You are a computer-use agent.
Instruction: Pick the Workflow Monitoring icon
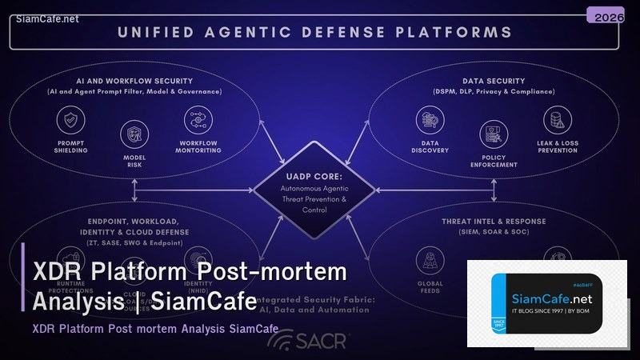coord(197,119)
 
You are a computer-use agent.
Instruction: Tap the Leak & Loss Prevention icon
coord(557,120)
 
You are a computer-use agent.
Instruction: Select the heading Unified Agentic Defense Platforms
coord(314,33)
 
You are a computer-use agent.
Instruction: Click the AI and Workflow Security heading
coord(134,81)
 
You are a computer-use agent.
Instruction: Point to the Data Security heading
coord(494,81)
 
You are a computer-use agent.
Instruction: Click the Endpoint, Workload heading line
coord(134,220)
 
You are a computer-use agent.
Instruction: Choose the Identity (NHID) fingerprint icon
coord(197,259)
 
